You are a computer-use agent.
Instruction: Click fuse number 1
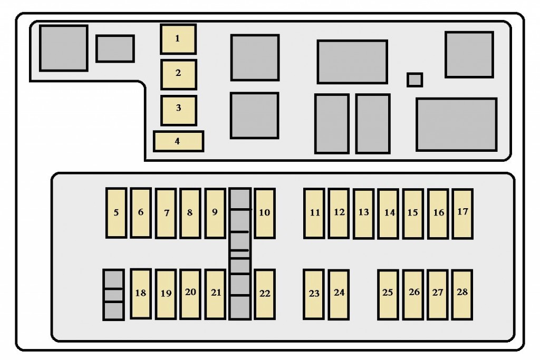[178, 39]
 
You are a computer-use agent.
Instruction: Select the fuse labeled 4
[178, 141]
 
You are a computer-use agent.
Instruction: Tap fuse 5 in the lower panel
[116, 213]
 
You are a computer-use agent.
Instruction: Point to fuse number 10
[265, 213]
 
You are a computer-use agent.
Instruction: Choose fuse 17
[462, 213]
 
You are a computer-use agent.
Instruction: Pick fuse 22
[265, 294]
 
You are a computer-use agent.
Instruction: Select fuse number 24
[339, 295]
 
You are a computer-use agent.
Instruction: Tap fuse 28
[462, 295]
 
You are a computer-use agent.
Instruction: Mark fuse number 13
[364, 213]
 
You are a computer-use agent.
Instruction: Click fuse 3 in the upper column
[179, 111]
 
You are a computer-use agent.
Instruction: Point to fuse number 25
[388, 295]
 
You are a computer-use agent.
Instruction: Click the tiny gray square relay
[414, 80]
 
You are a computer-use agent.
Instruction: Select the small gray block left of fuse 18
[113, 295]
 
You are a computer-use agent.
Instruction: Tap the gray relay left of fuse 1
[115, 48]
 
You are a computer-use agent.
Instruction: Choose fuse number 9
[215, 213]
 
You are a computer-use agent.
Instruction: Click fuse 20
[190, 294]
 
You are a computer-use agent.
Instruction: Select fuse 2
[179, 75]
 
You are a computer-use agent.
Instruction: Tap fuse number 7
[166, 213]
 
